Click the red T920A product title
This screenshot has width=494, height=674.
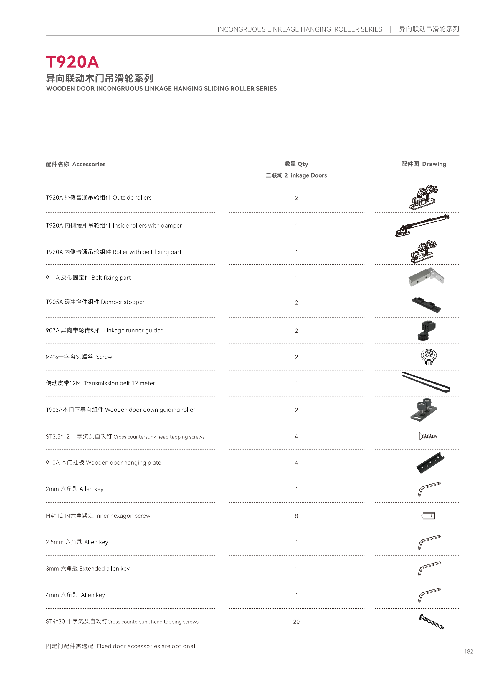pos(72,62)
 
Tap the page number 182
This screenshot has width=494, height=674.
pos(468,651)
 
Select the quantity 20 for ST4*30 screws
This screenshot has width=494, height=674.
pos(296,621)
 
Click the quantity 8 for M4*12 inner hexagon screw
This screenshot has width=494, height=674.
pos(296,516)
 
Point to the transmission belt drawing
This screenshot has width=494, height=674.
pos(426,382)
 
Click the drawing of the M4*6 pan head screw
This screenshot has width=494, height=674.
pos(428,356)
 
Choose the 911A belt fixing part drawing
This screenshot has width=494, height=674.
pos(426,277)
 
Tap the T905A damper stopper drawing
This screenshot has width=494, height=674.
pos(426,304)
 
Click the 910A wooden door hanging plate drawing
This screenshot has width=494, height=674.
pos(430,462)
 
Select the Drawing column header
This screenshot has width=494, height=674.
pos(423,164)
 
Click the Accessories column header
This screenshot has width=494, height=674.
pos(76,164)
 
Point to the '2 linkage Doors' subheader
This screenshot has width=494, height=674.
pos(296,175)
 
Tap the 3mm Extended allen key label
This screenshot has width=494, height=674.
pos(87,569)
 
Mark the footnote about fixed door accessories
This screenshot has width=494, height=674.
pos(120,646)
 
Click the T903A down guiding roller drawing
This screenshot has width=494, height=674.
pos(423,410)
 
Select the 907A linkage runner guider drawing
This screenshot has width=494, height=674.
pos(427,330)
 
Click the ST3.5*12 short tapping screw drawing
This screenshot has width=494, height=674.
pos(428,436)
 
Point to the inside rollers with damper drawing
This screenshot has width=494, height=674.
pos(422,225)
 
